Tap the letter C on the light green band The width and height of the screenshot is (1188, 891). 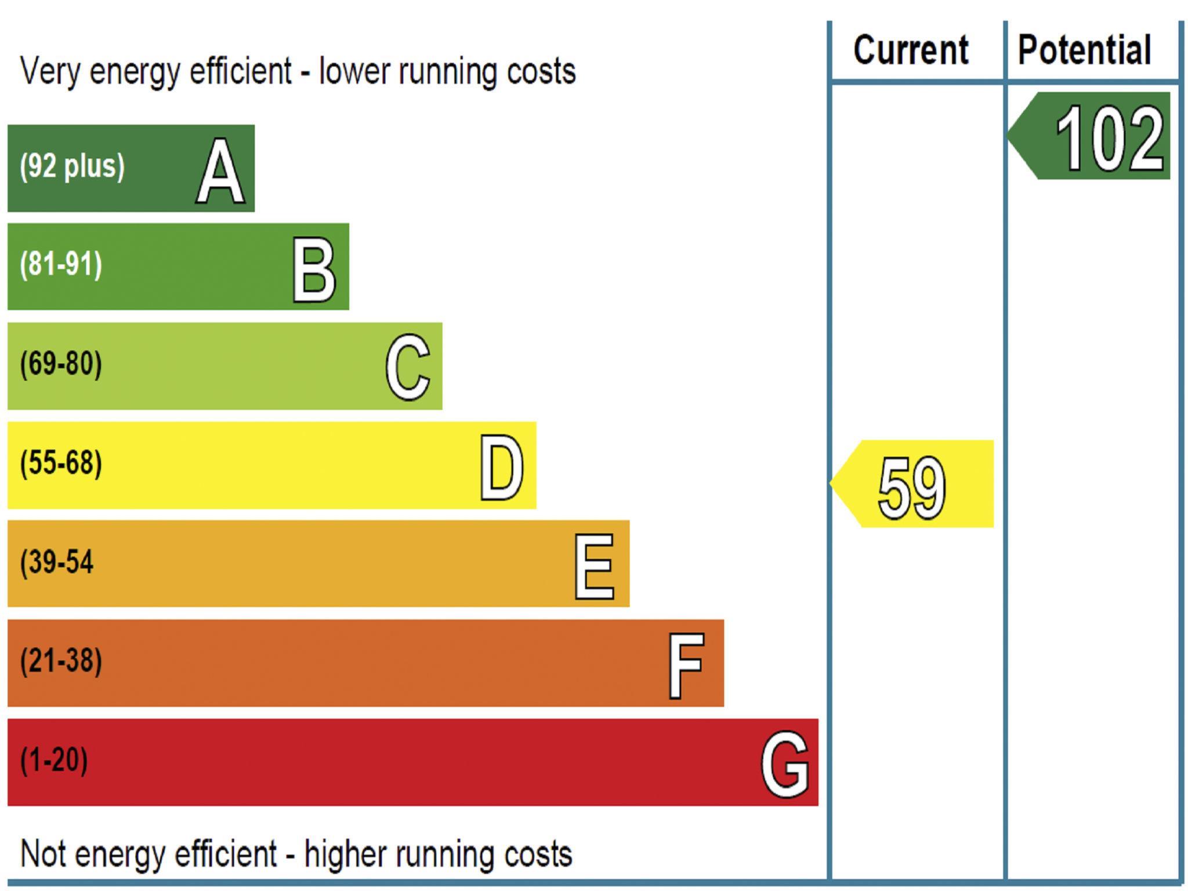[408, 368]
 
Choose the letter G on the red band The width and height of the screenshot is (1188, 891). [784, 764]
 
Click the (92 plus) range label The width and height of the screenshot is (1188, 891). [72, 166]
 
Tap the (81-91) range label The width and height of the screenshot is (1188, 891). [61, 265]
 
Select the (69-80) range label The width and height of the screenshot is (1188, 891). [61, 364]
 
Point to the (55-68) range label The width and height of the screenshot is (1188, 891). [61, 463]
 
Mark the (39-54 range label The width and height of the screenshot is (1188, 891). [57, 562]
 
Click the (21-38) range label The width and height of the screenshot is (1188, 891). [61, 661]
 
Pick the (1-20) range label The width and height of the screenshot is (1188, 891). [54, 760]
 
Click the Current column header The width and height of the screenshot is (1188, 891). [911, 50]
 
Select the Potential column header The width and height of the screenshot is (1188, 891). [1084, 50]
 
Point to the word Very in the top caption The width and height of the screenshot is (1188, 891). [49, 71]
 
